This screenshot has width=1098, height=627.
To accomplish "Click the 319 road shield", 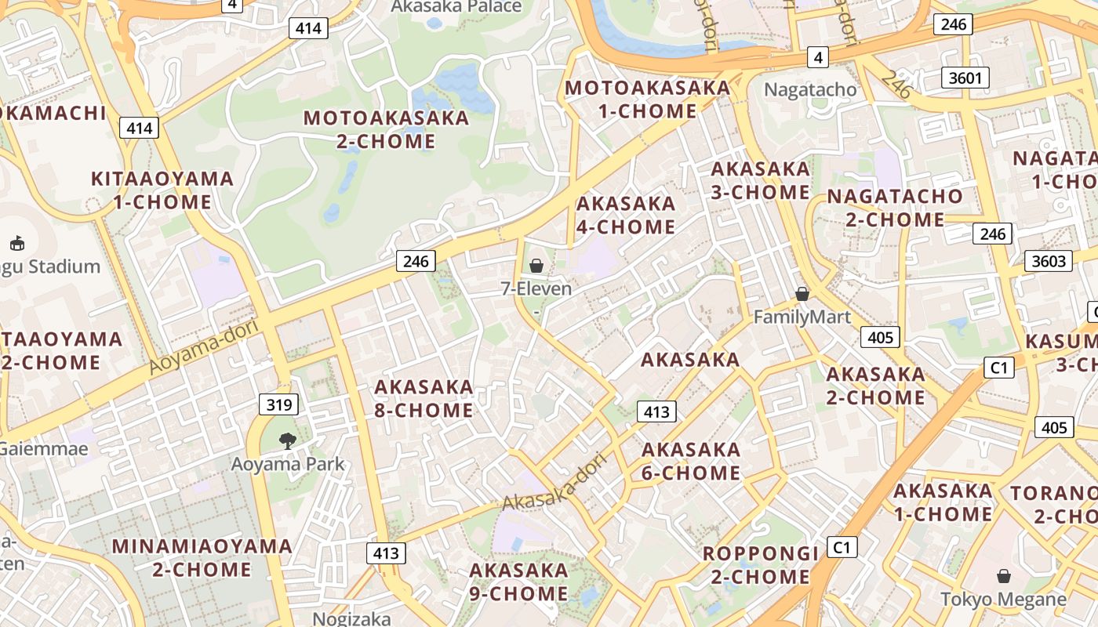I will coord(278,404).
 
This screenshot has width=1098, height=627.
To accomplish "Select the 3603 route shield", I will coord(1049,261).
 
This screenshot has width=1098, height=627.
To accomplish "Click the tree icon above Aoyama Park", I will coord(288,440).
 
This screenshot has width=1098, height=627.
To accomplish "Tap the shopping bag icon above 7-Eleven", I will coord(536,266).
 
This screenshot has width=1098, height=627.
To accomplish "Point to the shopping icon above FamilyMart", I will coord(802,294).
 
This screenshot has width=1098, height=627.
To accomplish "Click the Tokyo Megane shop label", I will coord(1003,600).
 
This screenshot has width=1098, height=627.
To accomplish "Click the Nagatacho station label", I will coord(810,89).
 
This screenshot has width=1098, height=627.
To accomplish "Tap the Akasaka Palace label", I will coord(456,7).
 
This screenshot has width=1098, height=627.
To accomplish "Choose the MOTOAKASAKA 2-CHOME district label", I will coord(386,129).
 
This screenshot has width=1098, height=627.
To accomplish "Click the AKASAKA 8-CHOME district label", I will coord(424,398).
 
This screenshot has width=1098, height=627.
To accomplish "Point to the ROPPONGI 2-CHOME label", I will coord(760,565).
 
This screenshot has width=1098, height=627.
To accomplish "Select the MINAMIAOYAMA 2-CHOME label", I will coord(202,557).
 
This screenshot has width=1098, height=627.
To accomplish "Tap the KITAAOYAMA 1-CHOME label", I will coord(162,190).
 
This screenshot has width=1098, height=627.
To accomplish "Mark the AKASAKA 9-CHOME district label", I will coord(518,582).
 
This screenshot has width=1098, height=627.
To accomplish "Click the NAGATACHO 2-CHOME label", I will coord(895,208).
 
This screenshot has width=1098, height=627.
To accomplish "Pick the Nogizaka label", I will coord(351,618).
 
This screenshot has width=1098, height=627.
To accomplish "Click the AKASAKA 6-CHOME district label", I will coord(691,461).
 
